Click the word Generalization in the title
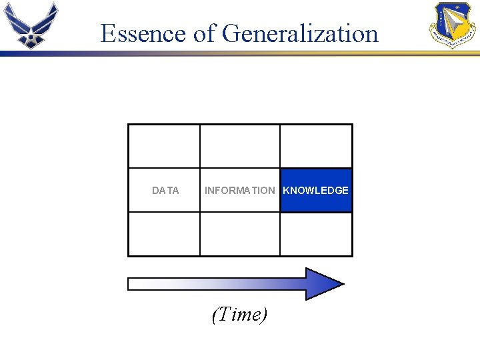point(300,33)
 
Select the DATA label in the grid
point(165,191)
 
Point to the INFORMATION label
point(239,191)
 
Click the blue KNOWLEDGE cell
point(316,191)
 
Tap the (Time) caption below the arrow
point(239,314)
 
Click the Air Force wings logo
point(31,25)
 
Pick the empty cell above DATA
point(164,146)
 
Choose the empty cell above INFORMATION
point(239,146)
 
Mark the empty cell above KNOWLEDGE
point(316,146)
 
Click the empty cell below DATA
point(164,234)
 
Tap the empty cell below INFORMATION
point(239,234)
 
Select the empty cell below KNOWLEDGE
point(316,234)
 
